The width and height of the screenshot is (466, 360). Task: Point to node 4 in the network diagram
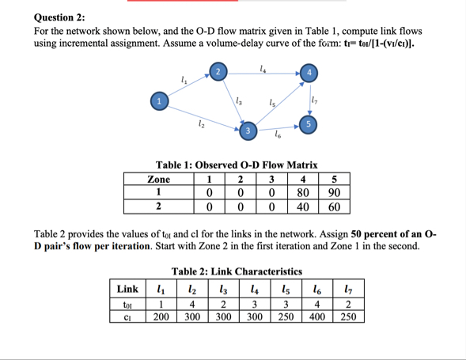311,73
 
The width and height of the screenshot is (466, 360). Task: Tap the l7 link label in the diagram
315,99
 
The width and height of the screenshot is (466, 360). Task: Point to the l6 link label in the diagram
278,138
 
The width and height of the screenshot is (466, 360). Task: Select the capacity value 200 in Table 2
161,316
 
